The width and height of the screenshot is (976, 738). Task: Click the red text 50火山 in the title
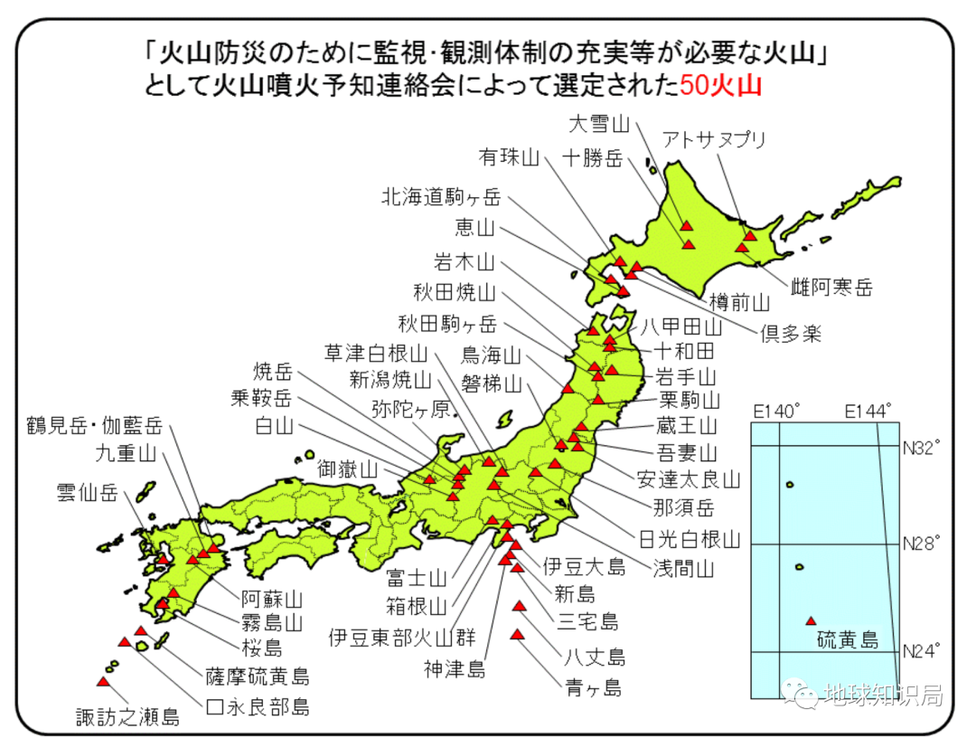point(720,87)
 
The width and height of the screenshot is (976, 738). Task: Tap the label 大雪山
point(599,123)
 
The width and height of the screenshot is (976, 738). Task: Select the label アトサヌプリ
point(714,139)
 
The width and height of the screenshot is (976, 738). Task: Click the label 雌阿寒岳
point(832,289)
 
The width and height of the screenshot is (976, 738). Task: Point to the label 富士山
point(415,576)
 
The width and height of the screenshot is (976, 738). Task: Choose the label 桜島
point(262,647)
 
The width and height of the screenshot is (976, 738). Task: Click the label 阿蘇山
point(271,599)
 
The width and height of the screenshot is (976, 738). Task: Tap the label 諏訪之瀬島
point(127,717)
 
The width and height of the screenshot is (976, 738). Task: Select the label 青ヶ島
point(593,687)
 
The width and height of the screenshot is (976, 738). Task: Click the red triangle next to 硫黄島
point(811,620)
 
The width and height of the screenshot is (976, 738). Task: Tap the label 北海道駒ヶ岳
point(440,195)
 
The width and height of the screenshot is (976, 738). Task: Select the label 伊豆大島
point(584,567)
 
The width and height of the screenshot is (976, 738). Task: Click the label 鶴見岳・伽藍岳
point(95,425)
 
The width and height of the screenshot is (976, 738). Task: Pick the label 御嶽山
point(347,469)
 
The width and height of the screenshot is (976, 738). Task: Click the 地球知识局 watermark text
point(883,695)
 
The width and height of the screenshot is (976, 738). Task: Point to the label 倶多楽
point(790,333)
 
